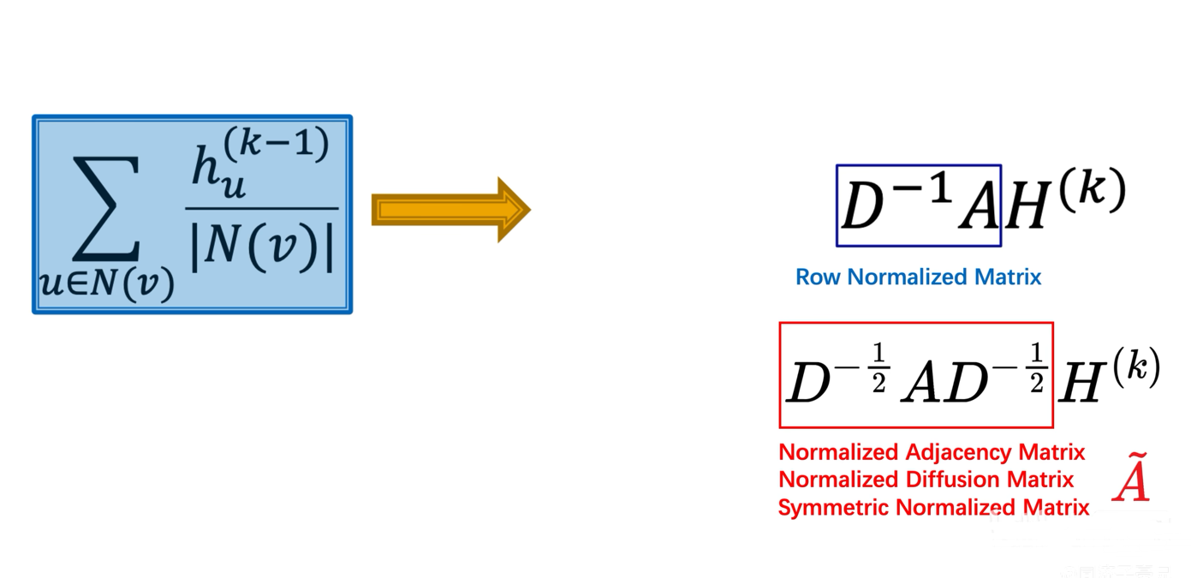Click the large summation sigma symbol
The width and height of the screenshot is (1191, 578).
106,208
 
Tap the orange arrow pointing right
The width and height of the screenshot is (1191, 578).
451,210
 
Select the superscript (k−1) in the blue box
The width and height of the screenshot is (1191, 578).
276,143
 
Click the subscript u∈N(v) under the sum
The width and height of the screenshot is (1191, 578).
107,283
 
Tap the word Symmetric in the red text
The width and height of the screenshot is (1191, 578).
833,508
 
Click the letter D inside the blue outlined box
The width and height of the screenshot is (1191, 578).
862,206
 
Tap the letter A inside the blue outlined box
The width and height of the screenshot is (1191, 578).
979,206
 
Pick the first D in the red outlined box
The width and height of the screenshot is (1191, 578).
808,382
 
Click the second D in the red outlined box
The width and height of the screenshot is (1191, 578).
967,382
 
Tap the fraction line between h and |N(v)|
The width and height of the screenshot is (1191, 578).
262,208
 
